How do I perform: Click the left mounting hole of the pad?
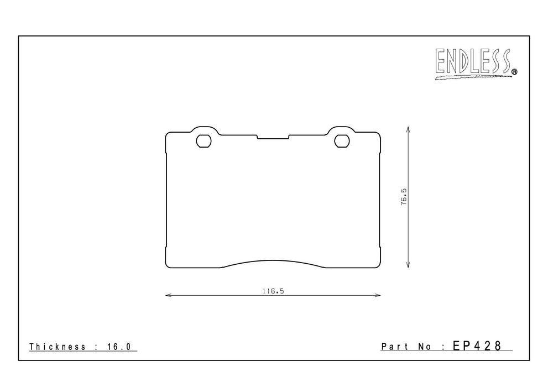pyautogui.click(x=203, y=141)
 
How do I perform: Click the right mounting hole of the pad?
pyautogui.click(x=342, y=141)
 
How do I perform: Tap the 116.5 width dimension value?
pyautogui.click(x=273, y=291)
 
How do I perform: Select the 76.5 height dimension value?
pyautogui.click(x=404, y=197)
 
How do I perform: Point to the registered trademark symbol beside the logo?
pyautogui.click(x=514, y=72)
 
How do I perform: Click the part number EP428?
pyautogui.click(x=477, y=346)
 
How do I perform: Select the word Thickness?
pyautogui.click(x=58, y=347)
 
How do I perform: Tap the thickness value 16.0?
pyautogui.click(x=119, y=347)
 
